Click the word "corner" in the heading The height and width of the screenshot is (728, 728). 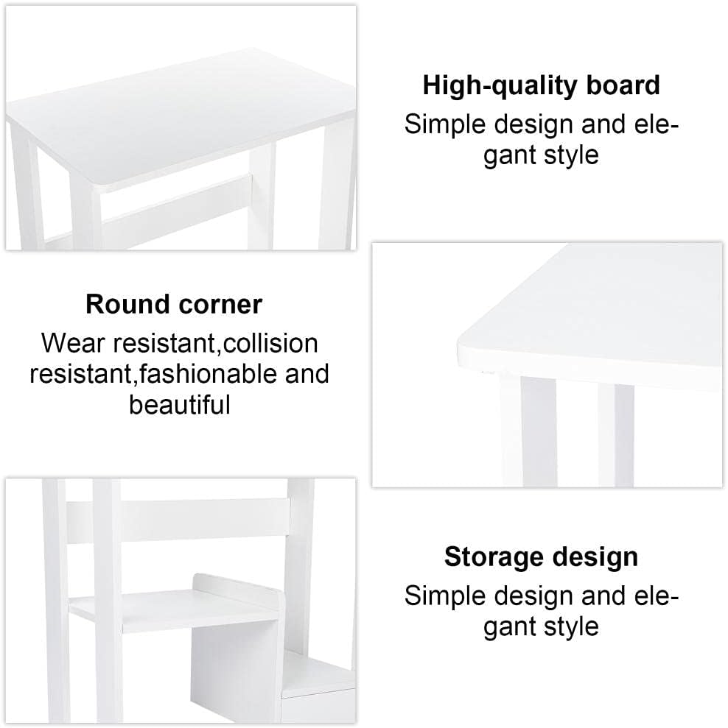(x=220, y=304)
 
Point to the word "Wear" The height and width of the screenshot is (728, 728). (x=69, y=343)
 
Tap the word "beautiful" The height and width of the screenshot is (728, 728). (x=179, y=405)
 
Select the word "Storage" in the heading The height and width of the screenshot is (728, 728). (x=494, y=557)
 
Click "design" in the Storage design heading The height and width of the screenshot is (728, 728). (x=596, y=557)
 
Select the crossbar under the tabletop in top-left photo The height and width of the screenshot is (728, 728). (x=177, y=202)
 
